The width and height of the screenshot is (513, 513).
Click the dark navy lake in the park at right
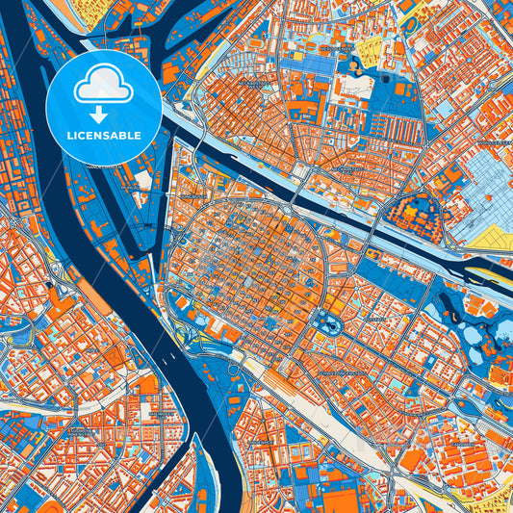[452, 313]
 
